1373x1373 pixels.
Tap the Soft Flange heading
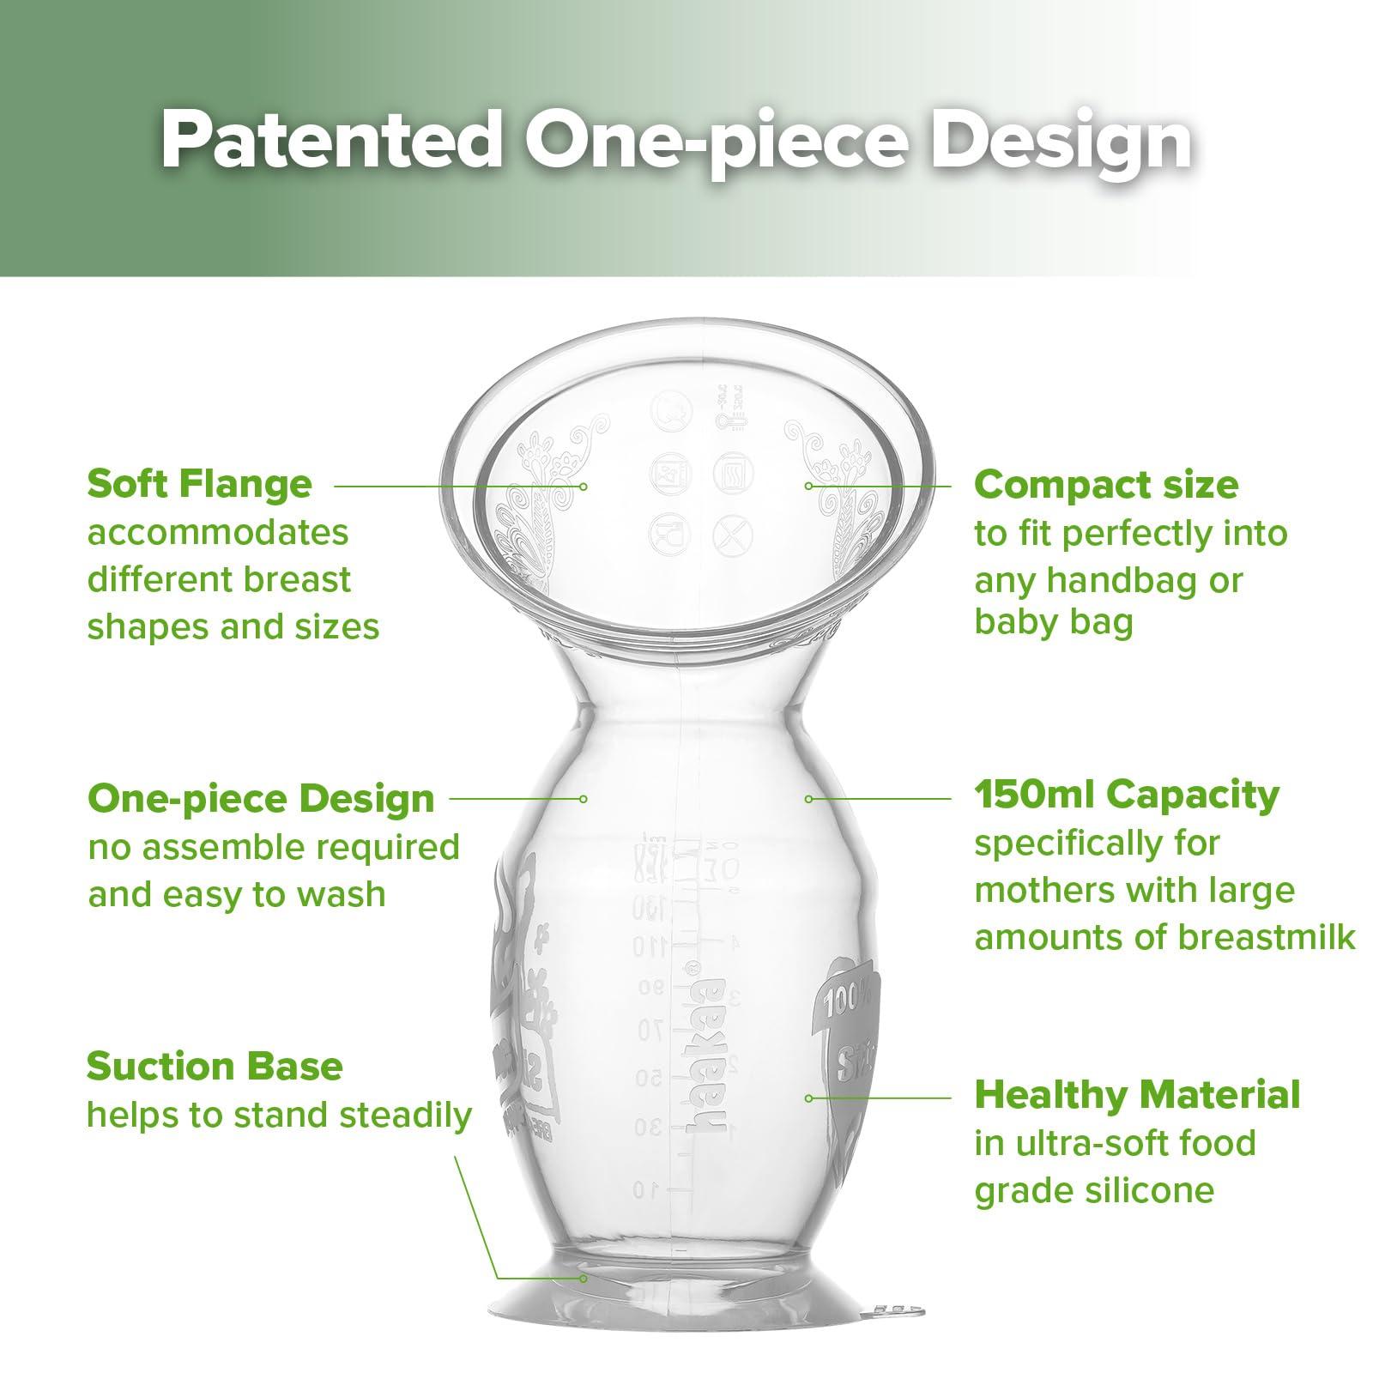pyautogui.click(x=199, y=484)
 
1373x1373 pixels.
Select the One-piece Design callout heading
pyautogui.click(x=261, y=799)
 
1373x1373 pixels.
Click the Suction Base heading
pyautogui.click(x=215, y=1067)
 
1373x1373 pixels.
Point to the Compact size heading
pyautogui.click(x=1106, y=486)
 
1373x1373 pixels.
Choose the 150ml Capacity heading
pyautogui.click(x=1126, y=795)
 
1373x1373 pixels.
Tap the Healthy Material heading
pyautogui.click(x=1137, y=1095)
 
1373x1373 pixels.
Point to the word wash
pyautogui.click(x=342, y=895)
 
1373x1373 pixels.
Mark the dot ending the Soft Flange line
pyautogui.click(x=583, y=486)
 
